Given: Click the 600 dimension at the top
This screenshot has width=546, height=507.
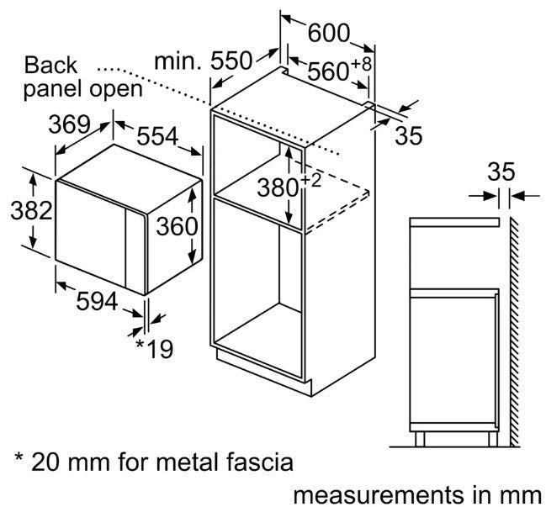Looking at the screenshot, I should [328, 33].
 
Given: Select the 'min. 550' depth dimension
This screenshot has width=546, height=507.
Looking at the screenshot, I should [204, 61].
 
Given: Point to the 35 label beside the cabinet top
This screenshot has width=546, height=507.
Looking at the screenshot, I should [409, 136].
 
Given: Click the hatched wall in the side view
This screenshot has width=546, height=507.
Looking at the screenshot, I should [512, 336].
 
